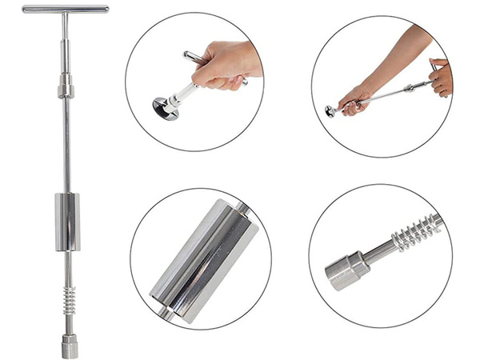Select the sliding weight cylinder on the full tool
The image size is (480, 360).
(67, 222)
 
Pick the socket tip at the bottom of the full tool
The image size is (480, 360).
(69, 343)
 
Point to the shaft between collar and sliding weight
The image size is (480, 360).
(66, 144)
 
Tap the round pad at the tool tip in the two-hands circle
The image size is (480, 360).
(330, 111)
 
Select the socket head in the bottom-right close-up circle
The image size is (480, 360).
(344, 273)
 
